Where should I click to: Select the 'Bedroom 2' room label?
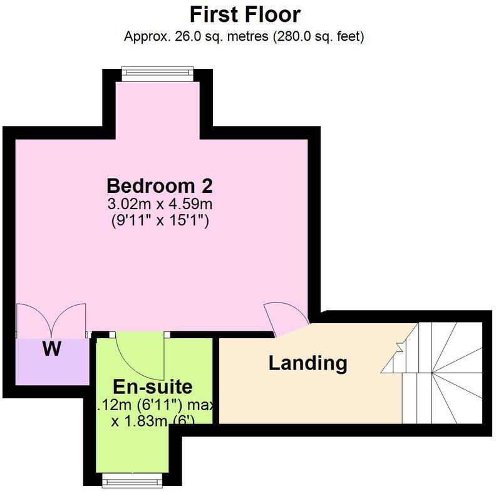pyautogui.click(x=160, y=186)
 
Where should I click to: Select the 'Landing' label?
pyautogui.click(x=307, y=363)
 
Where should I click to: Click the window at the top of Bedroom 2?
pyautogui.click(x=157, y=73)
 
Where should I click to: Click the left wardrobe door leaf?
pyautogui.click(x=33, y=319)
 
